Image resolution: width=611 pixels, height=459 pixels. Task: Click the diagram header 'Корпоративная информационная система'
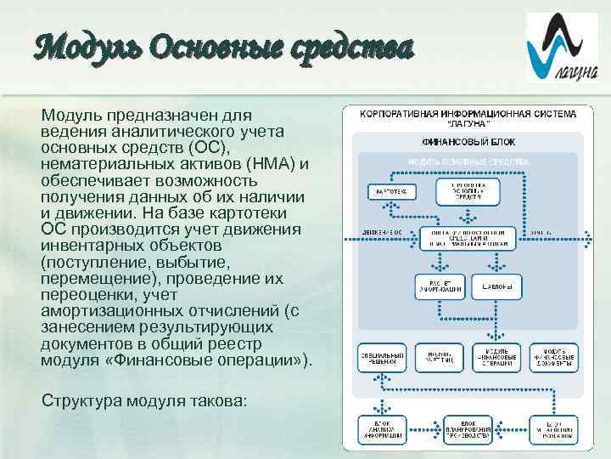pyautogui.click(x=468, y=113)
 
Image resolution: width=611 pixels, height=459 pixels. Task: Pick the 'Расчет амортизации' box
pyautogui.click(x=440, y=286)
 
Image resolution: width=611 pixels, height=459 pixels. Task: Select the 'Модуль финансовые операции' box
pyautogui.click(x=496, y=358)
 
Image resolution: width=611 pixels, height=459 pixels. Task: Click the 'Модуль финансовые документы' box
pyautogui.click(x=553, y=358)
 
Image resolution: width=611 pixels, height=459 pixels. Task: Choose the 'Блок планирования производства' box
pyautogui.click(x=468, y=430)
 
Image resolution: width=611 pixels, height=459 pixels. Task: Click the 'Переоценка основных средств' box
pyautogui.click(x=468, y=191)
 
